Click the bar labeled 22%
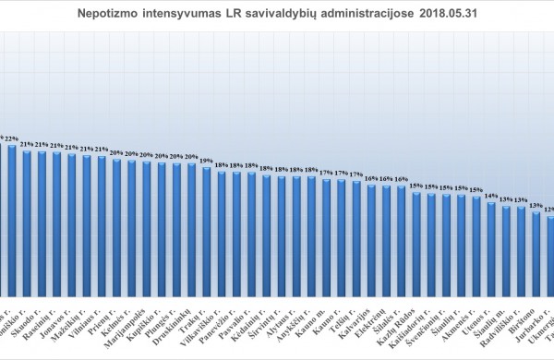point(12,222)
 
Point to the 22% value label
point(12,138)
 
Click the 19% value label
point(208,161)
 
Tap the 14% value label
point(491,196)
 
